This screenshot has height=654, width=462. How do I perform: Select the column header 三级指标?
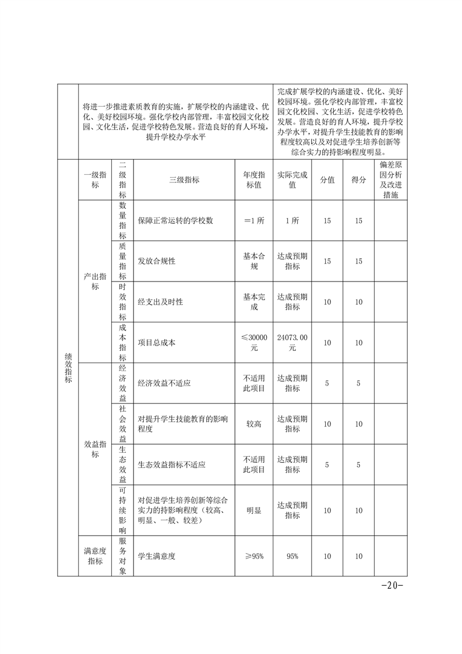coord(184,180)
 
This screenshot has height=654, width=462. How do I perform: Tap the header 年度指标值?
coord(254,180)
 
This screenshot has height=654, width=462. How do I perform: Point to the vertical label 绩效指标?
coord(68,367)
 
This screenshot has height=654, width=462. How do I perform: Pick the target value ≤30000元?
coord(254,343)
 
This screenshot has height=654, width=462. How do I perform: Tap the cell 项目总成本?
coord(157,343)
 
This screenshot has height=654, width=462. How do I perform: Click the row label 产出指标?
coord(95,282)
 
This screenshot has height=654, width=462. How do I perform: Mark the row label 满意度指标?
coord(95,556)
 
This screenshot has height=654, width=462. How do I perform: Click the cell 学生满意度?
coord(157,556)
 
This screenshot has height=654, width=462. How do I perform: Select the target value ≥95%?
coord(254,556)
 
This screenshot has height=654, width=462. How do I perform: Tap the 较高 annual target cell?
coord(254,424)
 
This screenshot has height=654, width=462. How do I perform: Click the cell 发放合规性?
coord(157,261)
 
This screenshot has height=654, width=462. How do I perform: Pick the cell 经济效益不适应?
coord(165,384)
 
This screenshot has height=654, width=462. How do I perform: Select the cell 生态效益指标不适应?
coord(172,465)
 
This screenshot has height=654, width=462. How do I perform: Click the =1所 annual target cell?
coord(254,221)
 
